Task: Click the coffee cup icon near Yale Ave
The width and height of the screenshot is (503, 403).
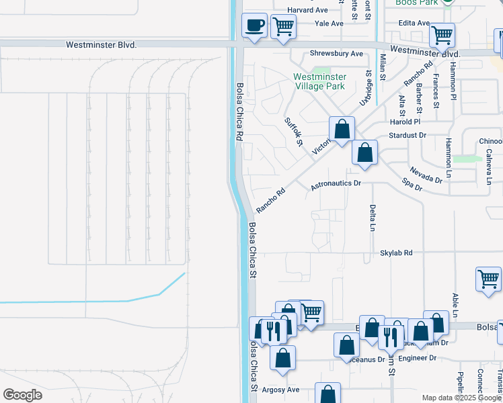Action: coord(254,26)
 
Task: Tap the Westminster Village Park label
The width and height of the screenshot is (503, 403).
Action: coord(319,81)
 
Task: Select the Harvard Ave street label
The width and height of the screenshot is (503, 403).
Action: coord(307,10)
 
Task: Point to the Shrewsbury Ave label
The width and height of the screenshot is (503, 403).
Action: coord(336,54)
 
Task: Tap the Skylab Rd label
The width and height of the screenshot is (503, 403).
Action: coord(396,253)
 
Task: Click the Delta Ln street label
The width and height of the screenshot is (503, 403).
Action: coord(372,218)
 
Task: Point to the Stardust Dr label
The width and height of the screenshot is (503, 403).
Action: coord(408,135)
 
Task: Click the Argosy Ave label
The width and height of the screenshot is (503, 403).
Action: coord(280,390)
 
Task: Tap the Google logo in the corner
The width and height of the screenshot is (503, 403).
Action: coord(22,395)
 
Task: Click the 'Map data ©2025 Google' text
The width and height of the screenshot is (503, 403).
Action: coord(461,398)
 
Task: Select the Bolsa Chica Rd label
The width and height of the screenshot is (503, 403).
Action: coord(239,111)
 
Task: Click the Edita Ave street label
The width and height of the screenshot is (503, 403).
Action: coord(414,23)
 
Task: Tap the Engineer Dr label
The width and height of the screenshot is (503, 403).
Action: coord(417,358)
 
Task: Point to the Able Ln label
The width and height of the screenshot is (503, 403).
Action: coord(455,305)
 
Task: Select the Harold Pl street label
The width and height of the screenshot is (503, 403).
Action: coord(405,122)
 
